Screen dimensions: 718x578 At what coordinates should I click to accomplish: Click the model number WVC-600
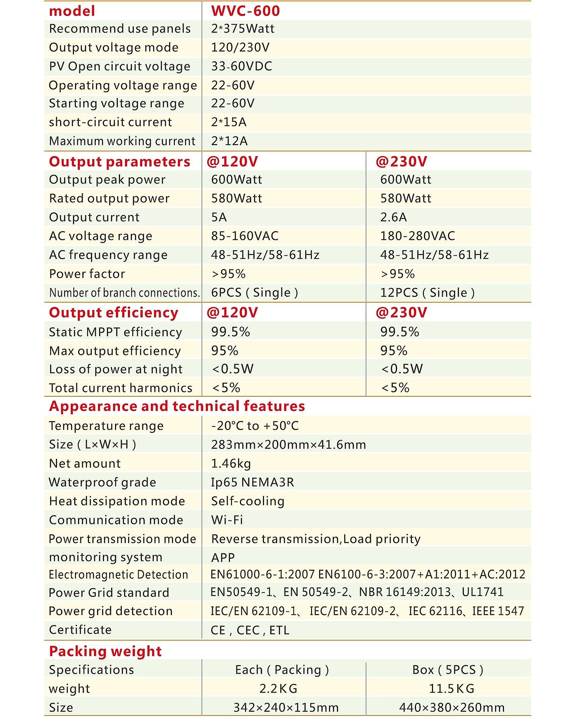pyautogui.click(x=245, y=10)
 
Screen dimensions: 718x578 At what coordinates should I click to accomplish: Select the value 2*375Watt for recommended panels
pyautogui.click(x=242, y=29)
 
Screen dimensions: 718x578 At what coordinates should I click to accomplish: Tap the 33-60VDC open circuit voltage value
pyautogui.click(x=241, y=67)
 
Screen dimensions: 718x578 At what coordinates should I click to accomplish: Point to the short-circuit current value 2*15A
pyautogui.click(x=229, y=122)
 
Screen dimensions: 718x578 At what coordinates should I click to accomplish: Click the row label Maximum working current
pyautogui.click(x=122, y=141)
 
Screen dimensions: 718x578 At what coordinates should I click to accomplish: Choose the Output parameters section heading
pyautogui.click(x=120, y=162)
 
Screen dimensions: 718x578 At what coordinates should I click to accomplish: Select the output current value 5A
pyautogui.click(x=219, y=217)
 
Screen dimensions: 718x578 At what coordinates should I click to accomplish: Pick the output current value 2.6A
pyautogui.click(x=393, y=217)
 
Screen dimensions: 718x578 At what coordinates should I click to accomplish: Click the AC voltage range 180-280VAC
pyautogui.click(x=417, y=236)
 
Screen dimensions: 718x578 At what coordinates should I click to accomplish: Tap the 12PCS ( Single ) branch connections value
pyautogui.click(x=427, y=293)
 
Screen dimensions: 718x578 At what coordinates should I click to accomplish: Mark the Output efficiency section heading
pyautogui.click(x=114, y=312)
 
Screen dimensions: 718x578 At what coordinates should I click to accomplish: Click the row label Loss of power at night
pyautogui.click(x=116, y=369)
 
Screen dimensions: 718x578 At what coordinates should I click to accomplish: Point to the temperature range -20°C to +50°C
pyautogui.click(x=255, y=426)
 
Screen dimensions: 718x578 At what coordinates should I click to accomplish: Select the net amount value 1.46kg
pyautogui.click(x=231, y=463)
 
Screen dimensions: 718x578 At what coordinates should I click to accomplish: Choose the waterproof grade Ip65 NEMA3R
pyautogui.click(x=253, y=482)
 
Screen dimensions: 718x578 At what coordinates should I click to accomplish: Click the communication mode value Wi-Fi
pyautogui.click(x=227, y=520)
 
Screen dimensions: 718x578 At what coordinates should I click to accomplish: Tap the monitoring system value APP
pyautogui.click(x=223, y=558)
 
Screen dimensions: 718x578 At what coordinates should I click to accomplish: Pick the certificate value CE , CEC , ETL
pyautogui.click(x=250, y=630)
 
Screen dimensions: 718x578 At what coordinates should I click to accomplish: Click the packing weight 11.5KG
pyautogui.click(x=451, y=688)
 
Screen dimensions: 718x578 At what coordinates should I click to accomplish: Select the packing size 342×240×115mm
pyautogui.click(x=286, y=707)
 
